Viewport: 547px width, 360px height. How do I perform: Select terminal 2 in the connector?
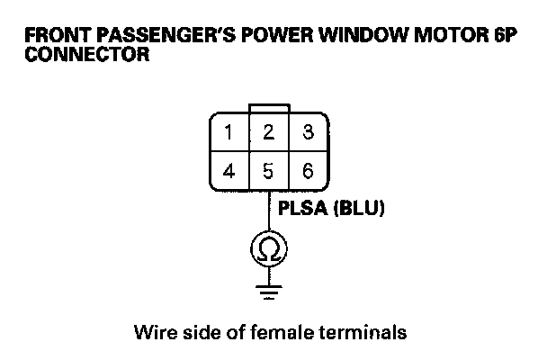point(267,133)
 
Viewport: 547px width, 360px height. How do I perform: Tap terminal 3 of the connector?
point(308,133)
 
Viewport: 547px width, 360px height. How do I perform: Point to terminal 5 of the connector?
point(267,170)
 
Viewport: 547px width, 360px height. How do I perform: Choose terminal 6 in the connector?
point(308,170)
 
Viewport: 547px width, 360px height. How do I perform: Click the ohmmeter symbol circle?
point(268,247)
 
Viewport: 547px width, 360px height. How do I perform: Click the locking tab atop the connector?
point(268,108)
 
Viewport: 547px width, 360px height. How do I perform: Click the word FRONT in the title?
point(54,38)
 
